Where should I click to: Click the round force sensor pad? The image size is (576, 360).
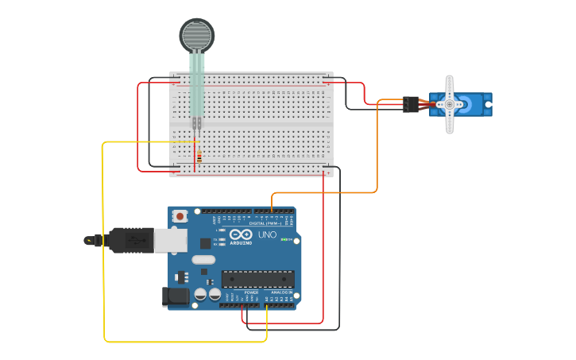(x=196, y=36)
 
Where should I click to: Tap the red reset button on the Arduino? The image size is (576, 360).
(x=181, y=215)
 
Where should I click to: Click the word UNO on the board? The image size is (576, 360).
(x=267, y=234)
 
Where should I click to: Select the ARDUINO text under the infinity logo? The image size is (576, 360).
(x=240, y=243)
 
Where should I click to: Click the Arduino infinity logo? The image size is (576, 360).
(x=240, y=234)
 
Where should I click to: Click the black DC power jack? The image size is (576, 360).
(x=176, y=297)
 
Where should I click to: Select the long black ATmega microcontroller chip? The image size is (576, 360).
(x=257, y=279)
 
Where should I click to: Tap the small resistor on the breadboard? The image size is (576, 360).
(x=198, y=157)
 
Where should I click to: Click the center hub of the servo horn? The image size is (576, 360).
(x=449, y=104)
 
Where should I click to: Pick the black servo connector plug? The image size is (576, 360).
(x=410, y=104)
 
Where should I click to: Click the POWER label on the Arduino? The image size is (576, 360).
(x=251, y=292)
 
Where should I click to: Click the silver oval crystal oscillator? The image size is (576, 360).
(x=203, y=259)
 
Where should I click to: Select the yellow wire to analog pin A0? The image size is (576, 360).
(x=104, y=238)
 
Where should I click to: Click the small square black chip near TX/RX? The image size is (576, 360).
(x=205, y=243)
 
